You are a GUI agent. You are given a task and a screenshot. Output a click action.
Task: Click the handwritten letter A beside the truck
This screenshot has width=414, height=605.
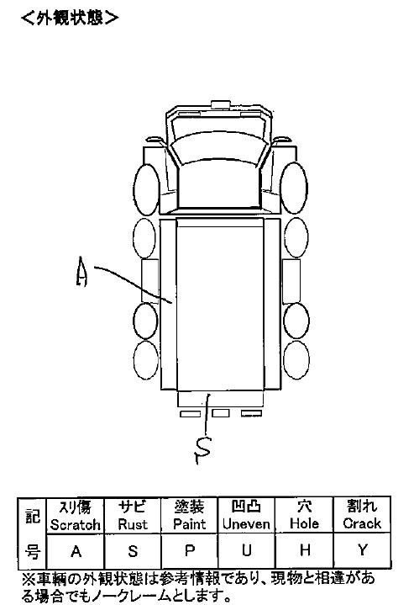(x=81, y=272)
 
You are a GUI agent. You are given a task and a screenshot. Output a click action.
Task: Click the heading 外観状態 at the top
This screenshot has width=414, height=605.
(x=70, y=18)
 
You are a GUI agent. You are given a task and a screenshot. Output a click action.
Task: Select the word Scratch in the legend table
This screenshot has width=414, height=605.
(x=75, y=525)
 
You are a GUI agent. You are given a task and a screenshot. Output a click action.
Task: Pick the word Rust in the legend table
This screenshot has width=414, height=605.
(x=133, y=524)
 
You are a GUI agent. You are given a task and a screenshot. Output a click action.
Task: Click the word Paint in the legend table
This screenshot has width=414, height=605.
(x=189, y=524)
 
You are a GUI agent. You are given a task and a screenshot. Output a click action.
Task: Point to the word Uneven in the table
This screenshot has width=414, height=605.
(x=246, y=524)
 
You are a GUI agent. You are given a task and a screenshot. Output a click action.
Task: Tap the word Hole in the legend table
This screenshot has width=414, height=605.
(x=304, y=523)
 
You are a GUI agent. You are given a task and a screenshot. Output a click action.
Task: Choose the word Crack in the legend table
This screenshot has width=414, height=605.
(x=362, y=523)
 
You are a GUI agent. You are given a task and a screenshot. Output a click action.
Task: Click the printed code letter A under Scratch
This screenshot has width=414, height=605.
(x=76, y=551)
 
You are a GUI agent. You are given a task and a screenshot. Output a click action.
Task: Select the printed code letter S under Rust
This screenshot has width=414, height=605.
(x=133, y=551)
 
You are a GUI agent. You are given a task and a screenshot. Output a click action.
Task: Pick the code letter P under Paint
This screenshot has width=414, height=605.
(x=190, y=550)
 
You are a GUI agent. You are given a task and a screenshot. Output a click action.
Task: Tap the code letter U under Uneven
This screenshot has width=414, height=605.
(x=247, y=550)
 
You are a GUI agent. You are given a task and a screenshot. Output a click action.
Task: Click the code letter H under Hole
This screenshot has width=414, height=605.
(x=305, y=550)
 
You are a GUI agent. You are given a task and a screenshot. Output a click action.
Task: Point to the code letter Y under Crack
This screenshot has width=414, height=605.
(x=362, y=549)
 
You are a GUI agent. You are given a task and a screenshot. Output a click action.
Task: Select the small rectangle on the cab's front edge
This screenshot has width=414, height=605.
(x=221, y=104)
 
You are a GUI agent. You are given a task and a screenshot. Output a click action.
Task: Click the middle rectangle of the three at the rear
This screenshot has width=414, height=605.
(x=221, y=413)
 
